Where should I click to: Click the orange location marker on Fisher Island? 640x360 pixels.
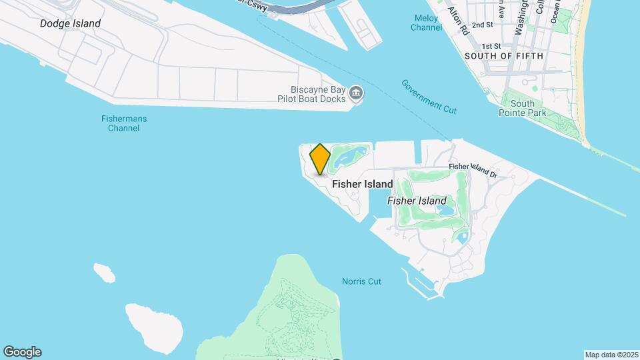click(x=320, y=159)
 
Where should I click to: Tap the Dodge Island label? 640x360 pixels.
click(x=70, y=23)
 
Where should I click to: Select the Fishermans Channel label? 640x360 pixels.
click(x=124, y=123)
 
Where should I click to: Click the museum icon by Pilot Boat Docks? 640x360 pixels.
click(x=356, y=94)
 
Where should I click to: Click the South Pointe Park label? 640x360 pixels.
click(x=523, y=108)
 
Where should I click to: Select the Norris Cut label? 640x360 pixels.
click(x=361, y=281)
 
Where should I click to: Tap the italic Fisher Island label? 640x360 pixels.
click(x=417, y=201)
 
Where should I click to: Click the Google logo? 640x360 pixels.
click(x=22, y=352)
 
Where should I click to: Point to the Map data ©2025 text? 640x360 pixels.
click(x=611, y=354)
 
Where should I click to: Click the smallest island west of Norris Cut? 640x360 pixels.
click(x=104, y=271)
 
